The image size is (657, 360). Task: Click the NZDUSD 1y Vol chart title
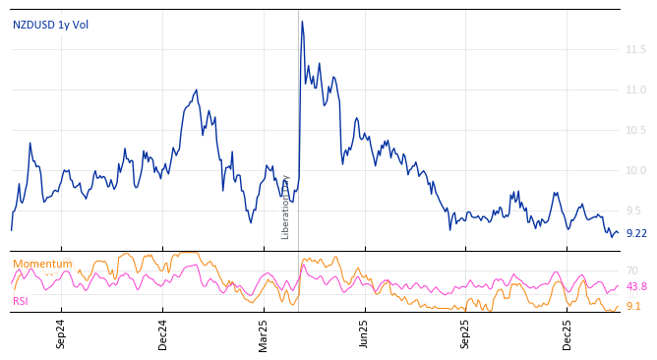point(50,25)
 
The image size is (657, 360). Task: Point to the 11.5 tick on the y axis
point(635,49)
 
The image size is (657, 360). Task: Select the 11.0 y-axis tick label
point(635,90)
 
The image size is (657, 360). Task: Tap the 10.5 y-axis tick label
point(635,130)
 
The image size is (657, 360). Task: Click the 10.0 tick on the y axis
point(635,170)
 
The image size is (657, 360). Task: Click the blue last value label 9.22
point(636,233)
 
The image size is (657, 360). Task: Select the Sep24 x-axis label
point(61,333)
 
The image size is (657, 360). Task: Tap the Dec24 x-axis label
point(162,333)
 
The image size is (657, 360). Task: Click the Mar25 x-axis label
point(264,333)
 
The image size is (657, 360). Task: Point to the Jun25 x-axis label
point(364,333)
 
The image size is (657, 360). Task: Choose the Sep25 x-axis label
point(466,333)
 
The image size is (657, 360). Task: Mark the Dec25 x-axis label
point(567,333)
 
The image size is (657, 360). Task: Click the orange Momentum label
point(42,264)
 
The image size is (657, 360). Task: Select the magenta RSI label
point(21,301)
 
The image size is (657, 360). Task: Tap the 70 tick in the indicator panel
point(632,270)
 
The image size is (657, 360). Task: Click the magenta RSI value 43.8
point(636,286)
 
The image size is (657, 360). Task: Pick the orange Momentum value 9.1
point(633,306)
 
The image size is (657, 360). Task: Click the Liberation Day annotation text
point(286,208)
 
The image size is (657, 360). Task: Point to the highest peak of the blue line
point(302,22)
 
